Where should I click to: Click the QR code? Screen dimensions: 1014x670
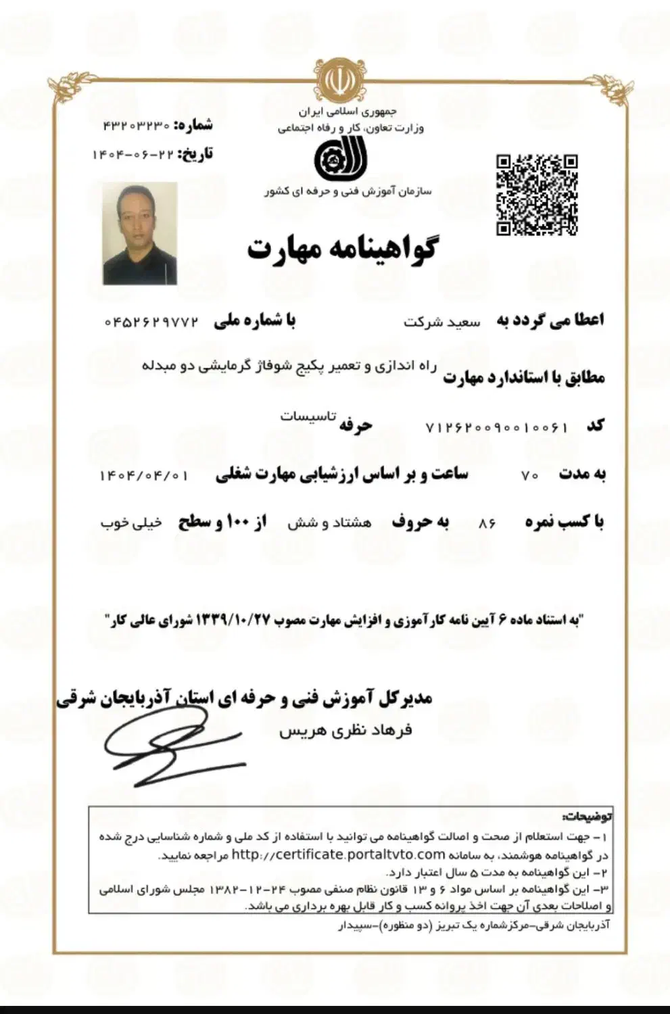[537, 195]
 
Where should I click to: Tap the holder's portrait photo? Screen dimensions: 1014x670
[140, 233]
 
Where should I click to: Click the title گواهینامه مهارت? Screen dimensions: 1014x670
[341, 249]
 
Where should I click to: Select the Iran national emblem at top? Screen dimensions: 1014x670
[338, 80]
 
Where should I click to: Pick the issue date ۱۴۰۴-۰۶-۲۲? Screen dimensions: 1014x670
[133, 155]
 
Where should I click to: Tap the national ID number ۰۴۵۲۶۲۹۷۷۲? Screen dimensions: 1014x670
[152, 322]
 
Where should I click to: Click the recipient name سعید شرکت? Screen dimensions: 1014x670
[442, 322]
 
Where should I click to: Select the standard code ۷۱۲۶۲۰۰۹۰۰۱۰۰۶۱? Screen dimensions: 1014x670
[496, 427]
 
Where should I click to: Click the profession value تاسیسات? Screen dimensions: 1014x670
[308, 416]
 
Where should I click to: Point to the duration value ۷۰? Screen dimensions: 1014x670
[529, 475]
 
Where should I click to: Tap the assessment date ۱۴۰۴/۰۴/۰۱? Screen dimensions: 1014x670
[143, 475]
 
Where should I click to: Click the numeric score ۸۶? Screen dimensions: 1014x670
[487, 523]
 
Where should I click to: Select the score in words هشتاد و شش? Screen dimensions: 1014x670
[329, 523]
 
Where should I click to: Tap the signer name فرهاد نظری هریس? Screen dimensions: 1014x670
[345, 731]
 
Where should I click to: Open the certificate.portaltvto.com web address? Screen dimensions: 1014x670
[338, 854]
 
